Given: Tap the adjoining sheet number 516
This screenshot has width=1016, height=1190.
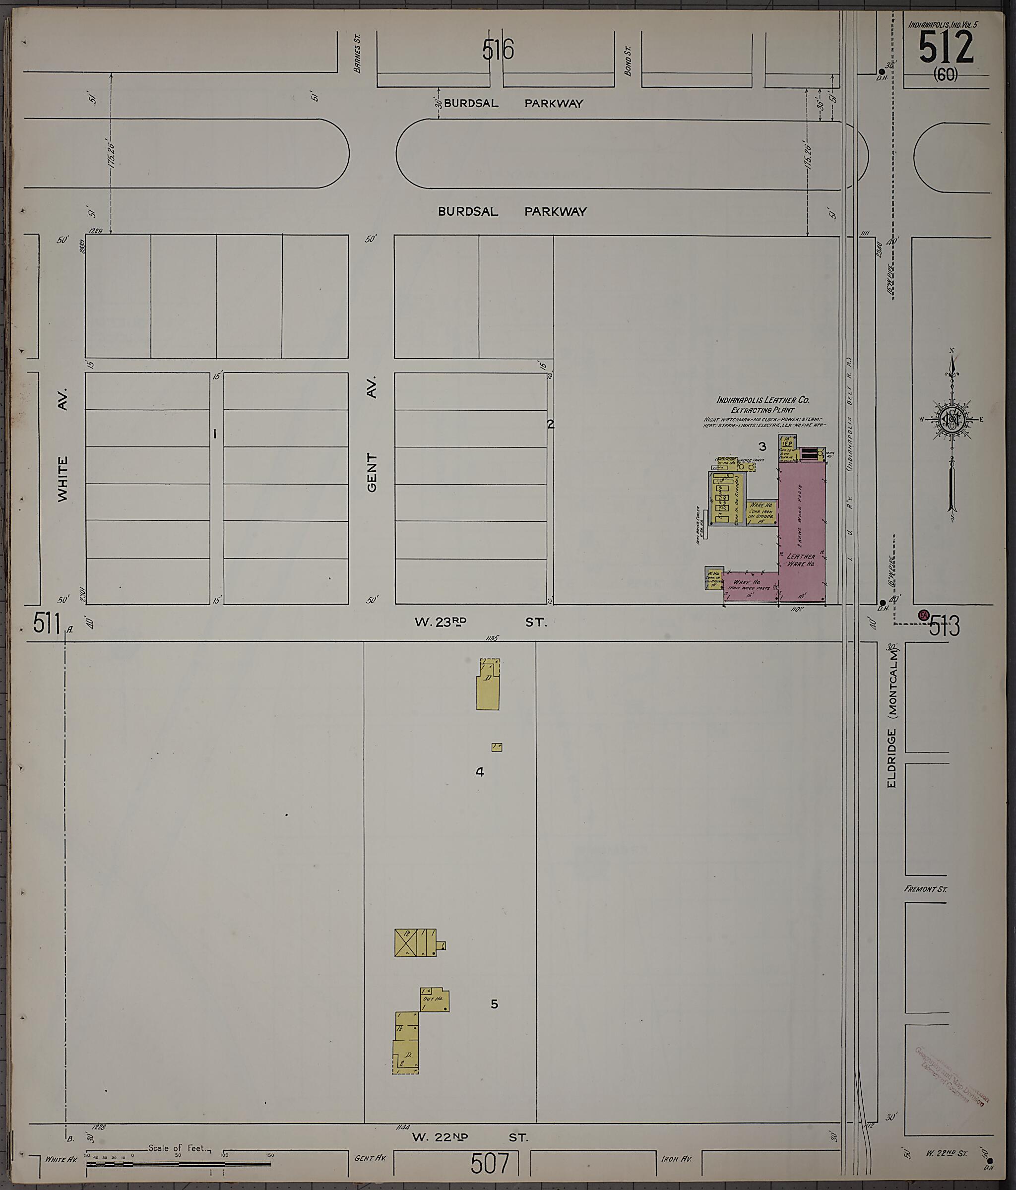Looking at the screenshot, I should (498, 50).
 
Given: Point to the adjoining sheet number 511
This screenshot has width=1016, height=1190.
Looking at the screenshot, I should (46, 624).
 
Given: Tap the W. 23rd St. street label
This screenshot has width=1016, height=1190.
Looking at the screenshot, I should (480, 622).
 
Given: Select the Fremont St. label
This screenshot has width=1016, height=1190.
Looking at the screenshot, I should (925, 889).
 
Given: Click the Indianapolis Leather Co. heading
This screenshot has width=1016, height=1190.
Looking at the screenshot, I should (762, 400).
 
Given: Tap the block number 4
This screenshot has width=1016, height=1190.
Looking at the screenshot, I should (480, 772).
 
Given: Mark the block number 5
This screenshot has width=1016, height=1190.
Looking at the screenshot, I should (494, 1004).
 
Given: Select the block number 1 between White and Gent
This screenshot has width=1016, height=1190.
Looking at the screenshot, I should (215, 434).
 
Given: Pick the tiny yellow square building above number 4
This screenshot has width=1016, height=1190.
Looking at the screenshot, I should (497, 747).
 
